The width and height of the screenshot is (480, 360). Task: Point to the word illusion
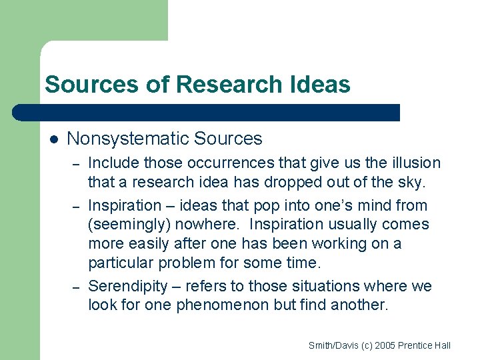(x=416, y=163)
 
